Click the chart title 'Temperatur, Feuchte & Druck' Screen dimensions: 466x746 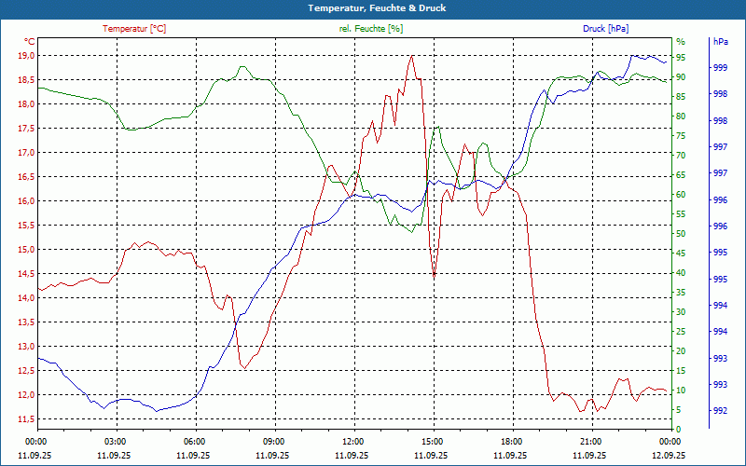coord(373,7)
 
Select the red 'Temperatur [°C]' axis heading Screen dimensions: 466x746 coord(134,29)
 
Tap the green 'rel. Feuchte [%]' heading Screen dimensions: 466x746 coord(371,29)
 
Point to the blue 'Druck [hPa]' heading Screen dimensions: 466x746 coord(606,29)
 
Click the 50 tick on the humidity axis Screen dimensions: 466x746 coord(681,234)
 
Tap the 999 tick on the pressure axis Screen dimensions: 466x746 coord(721,68)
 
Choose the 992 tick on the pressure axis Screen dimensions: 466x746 coord(721,411)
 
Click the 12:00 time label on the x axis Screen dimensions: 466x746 coord(353,441)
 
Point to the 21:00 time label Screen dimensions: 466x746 coord(590,441)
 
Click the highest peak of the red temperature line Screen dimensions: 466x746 coord(411,56)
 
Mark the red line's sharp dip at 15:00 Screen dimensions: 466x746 coord(434,276)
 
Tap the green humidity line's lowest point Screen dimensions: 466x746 coord(411,232)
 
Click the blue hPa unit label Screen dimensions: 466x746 coord(721,42)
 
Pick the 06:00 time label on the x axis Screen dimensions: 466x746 coord(195,441)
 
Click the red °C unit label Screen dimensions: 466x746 coord(29,42)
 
